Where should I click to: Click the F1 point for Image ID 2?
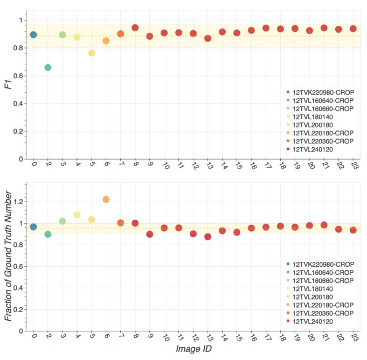click(48, 67)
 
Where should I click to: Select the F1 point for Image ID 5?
click(92, 53)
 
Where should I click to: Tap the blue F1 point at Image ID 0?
click(33, 34)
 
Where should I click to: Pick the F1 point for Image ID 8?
click(135, 27)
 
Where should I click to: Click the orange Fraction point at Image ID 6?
click(106, 199)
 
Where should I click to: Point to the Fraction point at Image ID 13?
click(208, 237)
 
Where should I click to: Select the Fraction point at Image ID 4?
click(77, 215)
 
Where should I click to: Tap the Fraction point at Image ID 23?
click(354, 230)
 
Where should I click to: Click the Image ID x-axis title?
click(192, 349)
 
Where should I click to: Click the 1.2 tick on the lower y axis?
click(19, 202)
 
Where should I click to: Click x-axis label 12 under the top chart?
click(193, 168)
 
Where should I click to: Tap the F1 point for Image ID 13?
click(208, 38)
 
